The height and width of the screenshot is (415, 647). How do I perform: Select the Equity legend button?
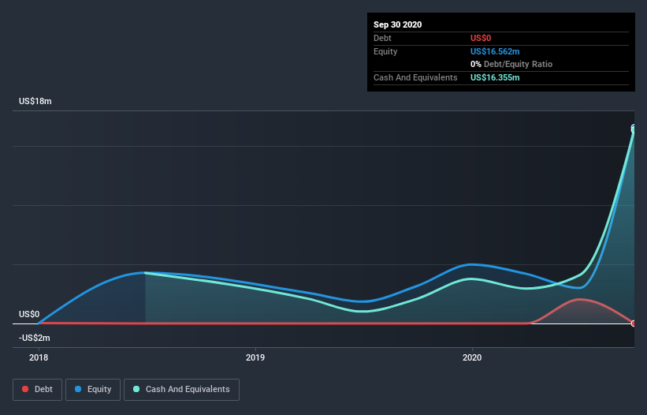point(92,389)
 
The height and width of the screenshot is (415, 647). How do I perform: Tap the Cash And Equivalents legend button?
point(181,389)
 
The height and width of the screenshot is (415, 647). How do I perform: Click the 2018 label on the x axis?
point(39,357)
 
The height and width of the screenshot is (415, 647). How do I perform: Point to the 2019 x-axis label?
point(255,357)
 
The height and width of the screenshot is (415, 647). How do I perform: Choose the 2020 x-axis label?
point(472,357)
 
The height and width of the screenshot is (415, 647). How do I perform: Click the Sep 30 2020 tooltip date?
point(398,24)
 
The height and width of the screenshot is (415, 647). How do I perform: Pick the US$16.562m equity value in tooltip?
point(495,51)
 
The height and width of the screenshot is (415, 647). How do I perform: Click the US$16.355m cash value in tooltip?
point(495,77)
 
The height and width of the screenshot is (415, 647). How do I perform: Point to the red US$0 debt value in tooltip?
point(481,38)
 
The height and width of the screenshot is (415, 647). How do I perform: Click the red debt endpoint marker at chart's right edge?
point(634,323)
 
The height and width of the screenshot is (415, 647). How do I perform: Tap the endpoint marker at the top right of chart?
point(634,129)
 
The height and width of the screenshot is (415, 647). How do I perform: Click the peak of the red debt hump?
point(581,299)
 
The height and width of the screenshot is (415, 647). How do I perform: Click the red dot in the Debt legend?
point(25,389)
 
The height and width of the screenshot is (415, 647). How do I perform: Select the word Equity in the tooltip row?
point(385,51)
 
